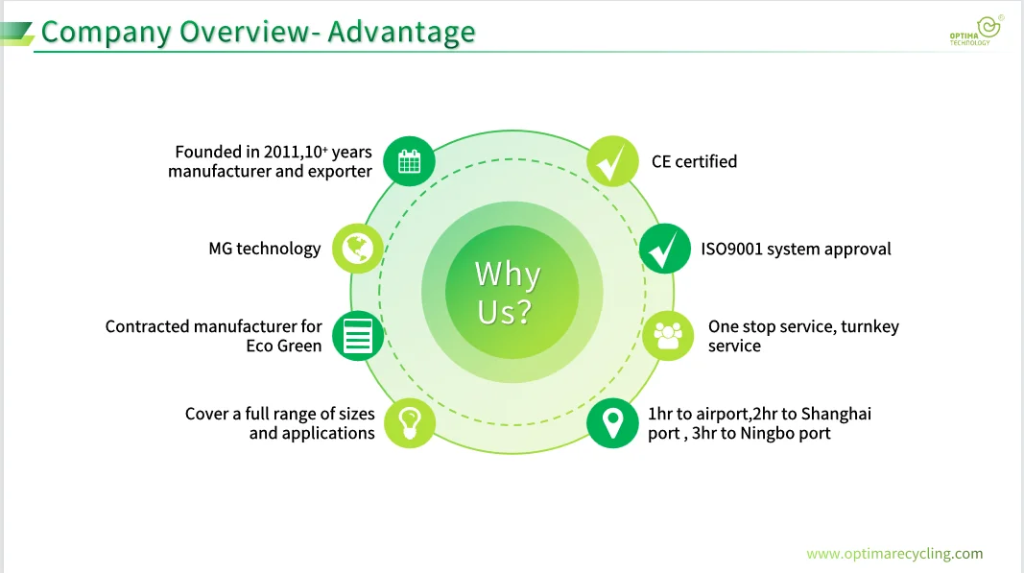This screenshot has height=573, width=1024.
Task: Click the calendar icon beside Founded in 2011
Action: click(x=409, y=161)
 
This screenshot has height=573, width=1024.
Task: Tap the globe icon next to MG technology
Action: click(x=358, y=249)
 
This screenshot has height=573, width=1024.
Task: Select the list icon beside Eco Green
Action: click(x=358, y=336)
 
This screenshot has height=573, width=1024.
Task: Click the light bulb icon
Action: click(x=410, y=422)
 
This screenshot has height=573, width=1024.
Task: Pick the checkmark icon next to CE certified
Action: click(x=612, y=161)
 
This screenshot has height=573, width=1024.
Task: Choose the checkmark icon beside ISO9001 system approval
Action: click(x=664, y=249)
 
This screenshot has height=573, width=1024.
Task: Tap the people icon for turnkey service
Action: click(x=667, y=335)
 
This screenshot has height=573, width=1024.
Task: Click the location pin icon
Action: click(x=612, y=422)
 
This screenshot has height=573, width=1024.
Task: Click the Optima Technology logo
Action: click(x=973, y=32)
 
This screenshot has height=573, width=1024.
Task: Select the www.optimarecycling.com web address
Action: click(x=894, y=554)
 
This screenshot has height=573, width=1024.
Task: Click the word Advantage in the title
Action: click(x=401, y=32)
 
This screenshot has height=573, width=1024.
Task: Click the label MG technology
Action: click(x=265, y=249)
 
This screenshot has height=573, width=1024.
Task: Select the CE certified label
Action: click(x=694, y=161)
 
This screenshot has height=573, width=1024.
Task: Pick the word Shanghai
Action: click(x=836, y=414)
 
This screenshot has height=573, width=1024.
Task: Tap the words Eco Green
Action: click(x=284, y=346)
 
